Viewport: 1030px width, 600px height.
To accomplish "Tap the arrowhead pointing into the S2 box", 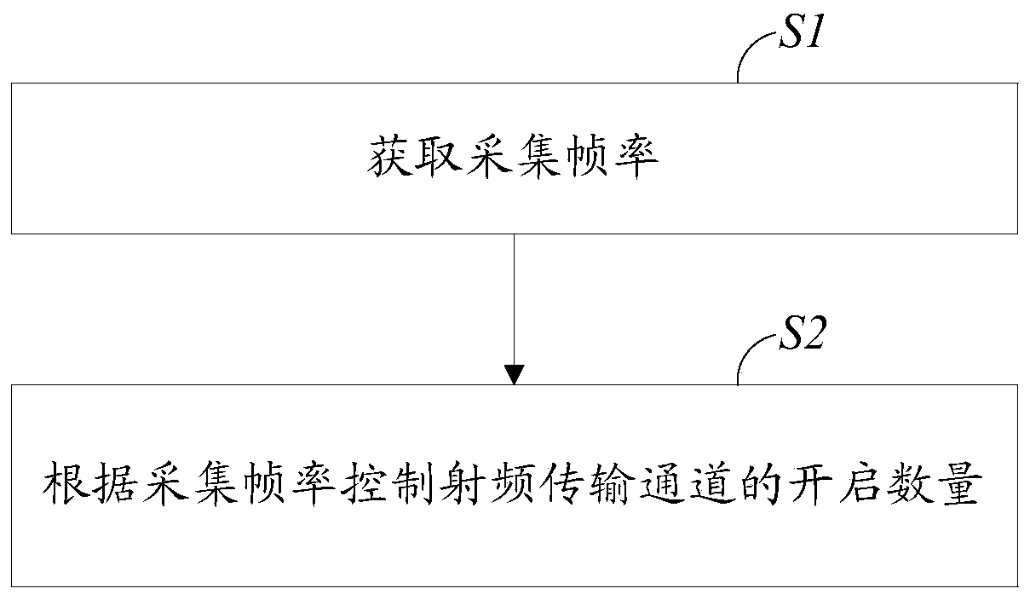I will (x=515, y=374).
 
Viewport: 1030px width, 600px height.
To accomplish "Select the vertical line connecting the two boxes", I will (x=515, y=298).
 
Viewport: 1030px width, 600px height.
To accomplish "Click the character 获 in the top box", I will (x=391, y=159).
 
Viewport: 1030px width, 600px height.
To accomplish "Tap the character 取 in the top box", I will (x=440, y=159).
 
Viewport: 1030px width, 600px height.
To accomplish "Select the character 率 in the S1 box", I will (x=635, y=159).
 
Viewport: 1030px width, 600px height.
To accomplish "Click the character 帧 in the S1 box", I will (x=586, y=159).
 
